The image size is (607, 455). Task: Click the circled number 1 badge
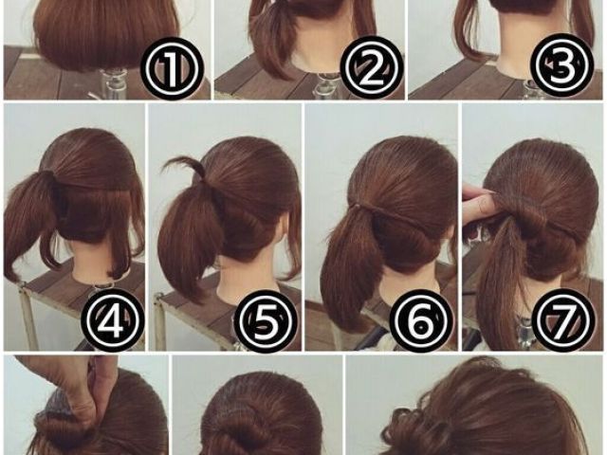[172, 68]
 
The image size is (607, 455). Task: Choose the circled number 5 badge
[267, 319]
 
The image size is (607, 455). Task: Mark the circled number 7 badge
[563, 319]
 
